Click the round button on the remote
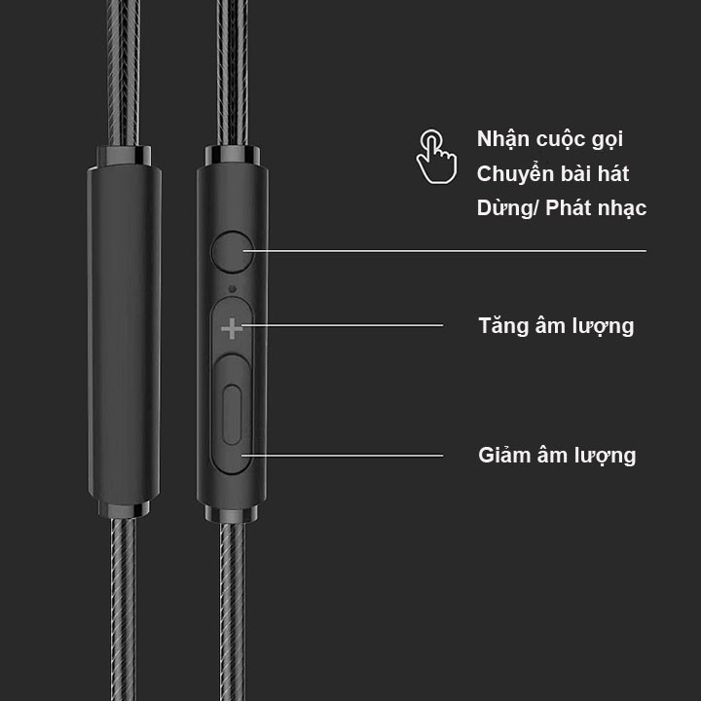tap(231, 250)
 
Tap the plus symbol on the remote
tap(232, 329)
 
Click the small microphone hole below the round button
tap(232, 288)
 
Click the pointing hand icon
tap(436, 156)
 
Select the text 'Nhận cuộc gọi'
tap(550, 139)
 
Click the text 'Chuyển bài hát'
tap(553, 174)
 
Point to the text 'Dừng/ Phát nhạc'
tap(562, 208)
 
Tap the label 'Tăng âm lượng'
tap(556, 325)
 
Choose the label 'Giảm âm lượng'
tap(557, 455)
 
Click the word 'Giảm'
tap(503, 455)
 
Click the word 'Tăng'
tap(502, 325)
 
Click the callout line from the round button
tap(448, 250)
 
